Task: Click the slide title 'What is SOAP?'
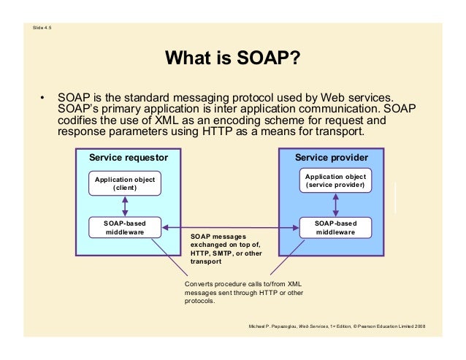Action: pos(233,58)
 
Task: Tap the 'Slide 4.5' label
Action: pos(42,28)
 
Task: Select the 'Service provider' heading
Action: pos(331,157)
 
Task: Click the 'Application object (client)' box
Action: pos(124,183)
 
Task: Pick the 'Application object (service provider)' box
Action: pos(335,180)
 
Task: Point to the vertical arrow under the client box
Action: pos(124,206)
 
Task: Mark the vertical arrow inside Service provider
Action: pos(335,204)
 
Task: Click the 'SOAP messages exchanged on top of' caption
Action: pos(218,241)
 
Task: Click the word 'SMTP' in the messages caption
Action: pos(221,253)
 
